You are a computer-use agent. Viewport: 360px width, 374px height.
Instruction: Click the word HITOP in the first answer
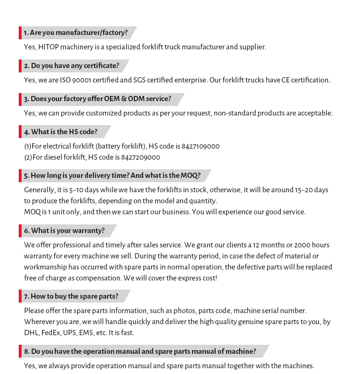tap(48, 47)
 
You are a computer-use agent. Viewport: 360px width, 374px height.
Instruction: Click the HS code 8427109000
tap(201, 146)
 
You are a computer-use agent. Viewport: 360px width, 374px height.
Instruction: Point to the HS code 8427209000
tap(141, 157)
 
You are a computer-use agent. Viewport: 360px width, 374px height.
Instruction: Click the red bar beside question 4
tap(20, 132)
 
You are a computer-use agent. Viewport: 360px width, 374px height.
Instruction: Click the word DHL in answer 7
tap(31, 333)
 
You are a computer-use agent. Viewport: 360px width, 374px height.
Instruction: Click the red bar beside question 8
tap(20, 351)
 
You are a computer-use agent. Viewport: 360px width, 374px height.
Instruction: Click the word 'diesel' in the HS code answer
tap(53, 157)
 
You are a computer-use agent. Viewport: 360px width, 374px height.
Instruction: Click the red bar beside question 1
tap(20, 33)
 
